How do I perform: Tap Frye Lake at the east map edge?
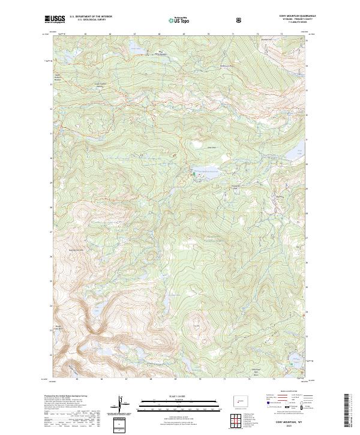(x=298, y=153)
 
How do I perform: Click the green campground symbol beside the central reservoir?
(x=193, y=173)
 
